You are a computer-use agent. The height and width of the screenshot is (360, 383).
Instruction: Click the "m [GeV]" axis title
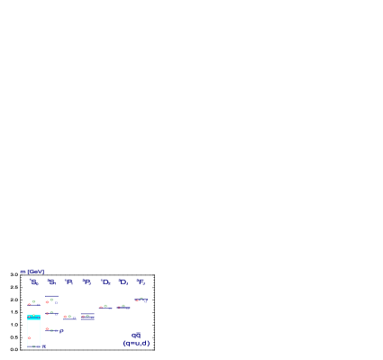[x=32, y=272]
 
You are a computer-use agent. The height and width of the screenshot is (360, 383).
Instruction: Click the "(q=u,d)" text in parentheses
[x=136, y=343]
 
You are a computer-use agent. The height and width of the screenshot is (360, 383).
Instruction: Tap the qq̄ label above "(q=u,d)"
[x=136, y=335]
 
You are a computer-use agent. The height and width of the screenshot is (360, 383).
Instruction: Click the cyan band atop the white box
[x=33, y=317]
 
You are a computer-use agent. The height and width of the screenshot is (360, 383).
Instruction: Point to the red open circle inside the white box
[x=29, y=338]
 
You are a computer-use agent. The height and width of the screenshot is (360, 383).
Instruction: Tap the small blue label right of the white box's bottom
[x=43, y=346]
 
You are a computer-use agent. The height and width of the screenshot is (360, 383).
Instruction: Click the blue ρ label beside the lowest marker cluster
[x=61, y=331]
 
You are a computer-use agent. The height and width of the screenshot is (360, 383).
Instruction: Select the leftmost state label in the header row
[x=33, y=282]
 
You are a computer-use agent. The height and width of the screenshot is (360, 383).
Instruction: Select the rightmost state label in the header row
[x=141, y=282]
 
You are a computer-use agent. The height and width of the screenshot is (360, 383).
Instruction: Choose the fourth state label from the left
[x=87, y=282]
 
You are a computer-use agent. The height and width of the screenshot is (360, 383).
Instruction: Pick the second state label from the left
[x=51, y=282]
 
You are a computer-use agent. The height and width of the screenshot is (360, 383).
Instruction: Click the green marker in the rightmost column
[x=141, y=299]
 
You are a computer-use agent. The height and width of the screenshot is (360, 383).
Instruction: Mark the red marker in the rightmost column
[x=137, y=300]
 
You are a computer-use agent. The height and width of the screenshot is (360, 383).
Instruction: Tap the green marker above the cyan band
[x=34, y=301]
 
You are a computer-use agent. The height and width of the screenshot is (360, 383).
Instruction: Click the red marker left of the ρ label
[x=47, y=328]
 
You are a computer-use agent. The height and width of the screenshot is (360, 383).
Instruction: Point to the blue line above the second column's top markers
[x=52, y=297]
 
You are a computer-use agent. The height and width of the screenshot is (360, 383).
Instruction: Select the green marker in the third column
[x=69, y=316]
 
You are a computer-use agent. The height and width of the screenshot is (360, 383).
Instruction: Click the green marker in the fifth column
[x=105, y=306]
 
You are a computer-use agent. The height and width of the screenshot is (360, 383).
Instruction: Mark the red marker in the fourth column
[x=83, y=317]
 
